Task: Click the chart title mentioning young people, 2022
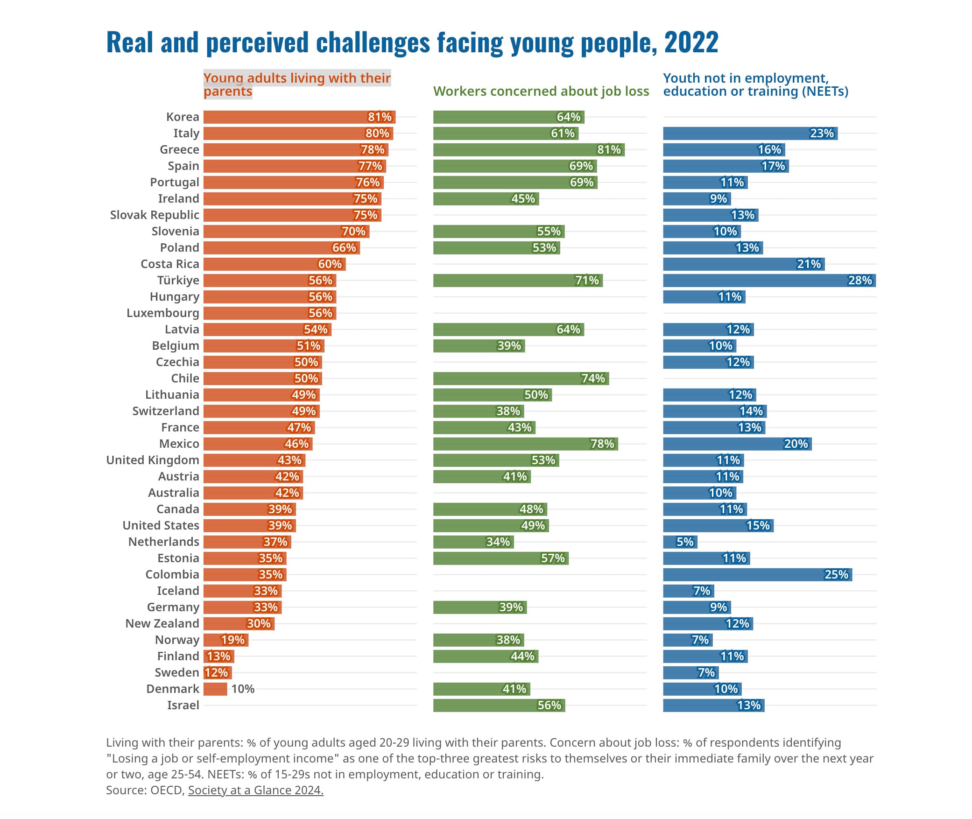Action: click(x=412, y=42)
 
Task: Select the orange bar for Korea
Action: click(x=299, y=117)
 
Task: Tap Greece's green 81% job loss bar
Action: click(x=528, y=150)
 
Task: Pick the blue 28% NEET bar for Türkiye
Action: click(x=769, y=281)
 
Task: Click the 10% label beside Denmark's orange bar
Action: click(x=243, y=689)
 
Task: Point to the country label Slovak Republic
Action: click(x=155, y=215)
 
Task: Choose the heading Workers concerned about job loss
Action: click(x=541, y=92)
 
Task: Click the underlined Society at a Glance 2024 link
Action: click(x=255, y=790)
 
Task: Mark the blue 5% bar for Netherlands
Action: click(x=680, y=542)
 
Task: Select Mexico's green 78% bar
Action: click(x=525, y=444)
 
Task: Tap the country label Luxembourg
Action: click(x=162, y=313)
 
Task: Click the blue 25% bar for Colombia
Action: click(x=757, y=575)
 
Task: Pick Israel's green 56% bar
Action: click(x=499, y=706)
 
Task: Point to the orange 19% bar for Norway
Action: click(x=225, y=640)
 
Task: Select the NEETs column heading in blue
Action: click(x=755, y=85)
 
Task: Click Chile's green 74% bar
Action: click(x=521, y=379)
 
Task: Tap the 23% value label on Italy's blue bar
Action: click(x=822, y=134)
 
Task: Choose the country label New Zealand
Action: click(x=162, y=624)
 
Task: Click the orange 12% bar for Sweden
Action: click(x=218, y=673)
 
